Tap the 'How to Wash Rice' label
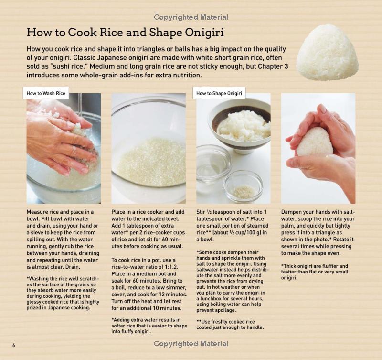[46, 93]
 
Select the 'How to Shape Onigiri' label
[219, 93]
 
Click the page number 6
[14, 345]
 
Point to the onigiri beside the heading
[327, 53]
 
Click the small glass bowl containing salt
[243, 186]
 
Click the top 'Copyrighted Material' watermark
[191, 17]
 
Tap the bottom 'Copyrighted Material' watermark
[191, 344]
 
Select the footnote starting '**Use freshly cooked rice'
[230, 325]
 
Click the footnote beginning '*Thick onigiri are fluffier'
[315, 272]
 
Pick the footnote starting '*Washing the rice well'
[63, 293]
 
